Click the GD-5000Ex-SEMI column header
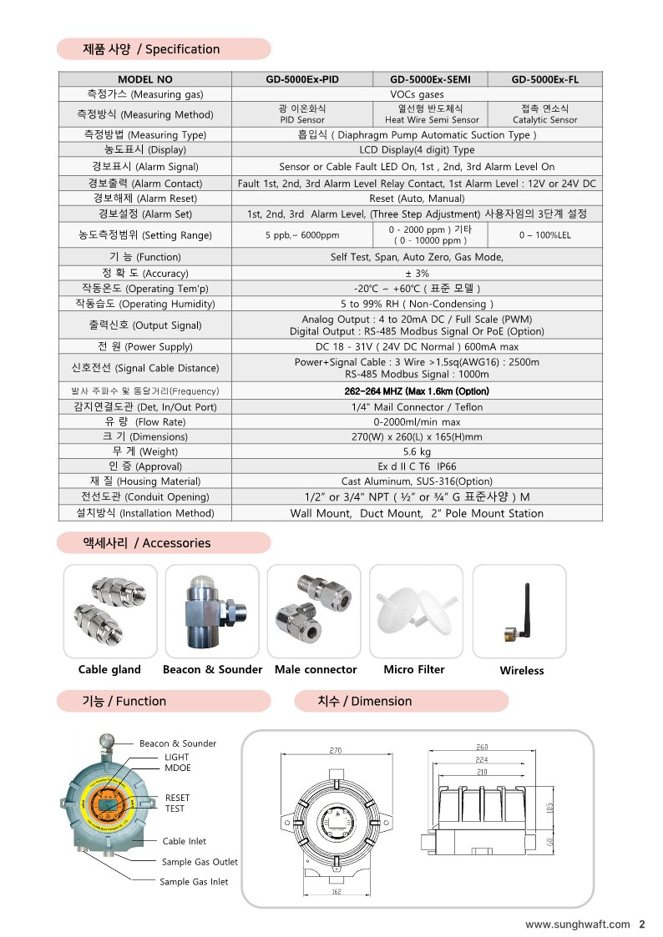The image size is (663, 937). [x=429, y=80]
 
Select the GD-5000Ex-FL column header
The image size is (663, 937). [x=544, y=80]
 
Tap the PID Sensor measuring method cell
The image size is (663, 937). [x=301, y=114]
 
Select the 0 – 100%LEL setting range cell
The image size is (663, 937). [x=544, y=235]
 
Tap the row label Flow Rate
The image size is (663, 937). [x=145, y=421]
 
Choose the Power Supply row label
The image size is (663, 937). [x=145, y=346]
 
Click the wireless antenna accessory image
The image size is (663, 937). [x=519, y=611]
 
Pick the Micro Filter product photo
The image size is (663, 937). [x=414, y=611]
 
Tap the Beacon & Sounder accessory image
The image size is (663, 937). [x=212, y=611]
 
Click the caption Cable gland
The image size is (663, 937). [x=109, y=669]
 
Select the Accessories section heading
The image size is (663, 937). [x=164, y=543]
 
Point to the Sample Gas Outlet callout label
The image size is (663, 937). [x=200, y=862]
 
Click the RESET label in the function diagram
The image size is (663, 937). [x=177, y=798]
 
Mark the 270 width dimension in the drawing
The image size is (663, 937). [x=336, y=750]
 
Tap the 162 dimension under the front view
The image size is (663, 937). [x=336, y=892]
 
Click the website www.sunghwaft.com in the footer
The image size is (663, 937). [x=577, y=924]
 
